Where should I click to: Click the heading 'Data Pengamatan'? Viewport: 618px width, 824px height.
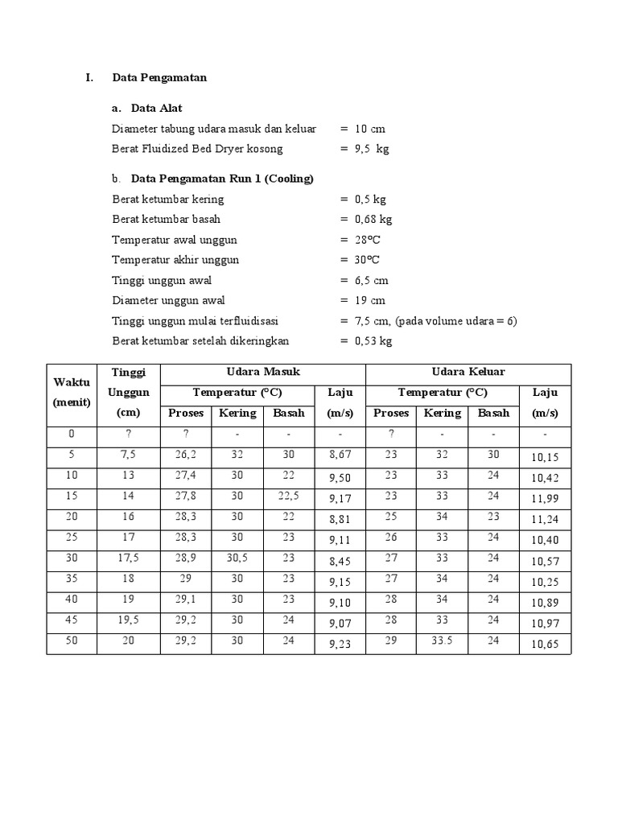coord(159,78)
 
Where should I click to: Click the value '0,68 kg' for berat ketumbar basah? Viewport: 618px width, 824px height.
coord(373,219)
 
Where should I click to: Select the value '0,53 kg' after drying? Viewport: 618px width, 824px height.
coord(373,340)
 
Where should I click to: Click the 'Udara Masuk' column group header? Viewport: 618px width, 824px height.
coord(263,372)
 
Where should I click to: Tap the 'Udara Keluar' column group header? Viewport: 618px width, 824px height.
coord(468,372)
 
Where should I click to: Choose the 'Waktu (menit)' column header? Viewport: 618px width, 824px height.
coord(72,392)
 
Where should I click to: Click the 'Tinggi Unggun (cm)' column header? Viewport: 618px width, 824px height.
coord(129,392)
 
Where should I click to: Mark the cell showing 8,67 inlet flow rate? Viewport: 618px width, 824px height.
coord(340,455)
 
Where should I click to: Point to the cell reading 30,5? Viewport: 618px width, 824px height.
coord(237,558)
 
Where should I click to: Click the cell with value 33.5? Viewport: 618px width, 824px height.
coord(443,641)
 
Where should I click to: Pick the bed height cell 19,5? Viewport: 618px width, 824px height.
coord(129,620)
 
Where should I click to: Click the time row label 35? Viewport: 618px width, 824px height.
coord(72,579)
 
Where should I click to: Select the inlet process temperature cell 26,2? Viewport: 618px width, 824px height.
coord(186,454)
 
